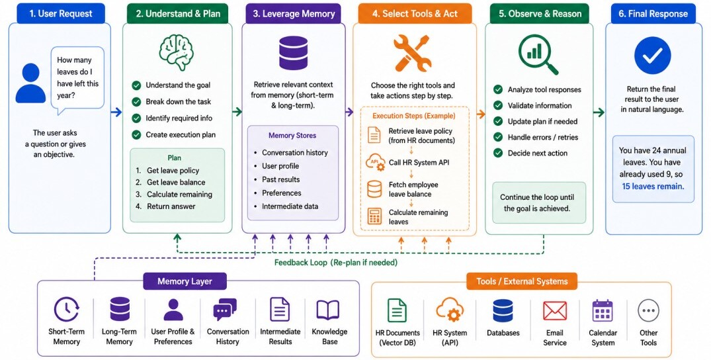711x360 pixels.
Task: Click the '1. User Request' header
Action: tap(60, 14)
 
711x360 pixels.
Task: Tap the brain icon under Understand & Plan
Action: tap(177, 52)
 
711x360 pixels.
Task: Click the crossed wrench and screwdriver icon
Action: tap(412, 53)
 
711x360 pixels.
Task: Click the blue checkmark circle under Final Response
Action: tap(653, 56)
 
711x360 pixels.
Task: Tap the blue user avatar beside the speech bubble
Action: tap(31, 83)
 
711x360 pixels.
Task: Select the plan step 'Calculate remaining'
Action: tap(179, 195)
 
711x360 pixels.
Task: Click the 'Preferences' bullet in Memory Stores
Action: tap(282, 193)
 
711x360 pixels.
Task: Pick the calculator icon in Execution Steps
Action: tap(374, 216)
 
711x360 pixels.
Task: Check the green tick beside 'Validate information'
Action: tap(498, 105)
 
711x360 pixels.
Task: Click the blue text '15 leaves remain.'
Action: tap(653, 186)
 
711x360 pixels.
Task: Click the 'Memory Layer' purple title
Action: tap(185, 281)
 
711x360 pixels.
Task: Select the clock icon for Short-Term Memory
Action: tap(67, 310)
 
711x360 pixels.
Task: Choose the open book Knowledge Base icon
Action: tap(328, 310)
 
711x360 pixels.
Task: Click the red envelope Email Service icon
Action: tap(554, 311)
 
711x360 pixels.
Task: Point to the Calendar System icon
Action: tap(603, 310)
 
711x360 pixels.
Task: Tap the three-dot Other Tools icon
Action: tap(648, 311)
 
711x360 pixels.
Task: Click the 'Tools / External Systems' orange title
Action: tap(522, 281)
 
